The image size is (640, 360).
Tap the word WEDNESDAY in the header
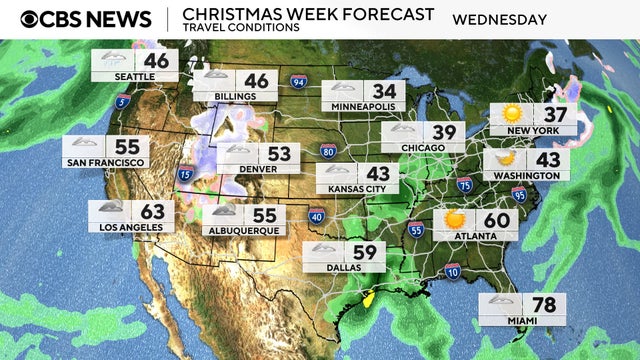(x=499, y=19)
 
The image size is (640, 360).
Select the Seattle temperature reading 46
(x=156, y=62)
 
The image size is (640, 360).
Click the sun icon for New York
(x=512, y=114)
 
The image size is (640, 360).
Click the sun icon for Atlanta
(x=455, y=219)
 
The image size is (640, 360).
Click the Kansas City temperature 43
(x=379, y=173)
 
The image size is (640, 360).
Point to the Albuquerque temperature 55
(x=265, y=215)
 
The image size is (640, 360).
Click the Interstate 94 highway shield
(x=297, y=81)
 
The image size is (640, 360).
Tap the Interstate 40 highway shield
(x=315, y=215)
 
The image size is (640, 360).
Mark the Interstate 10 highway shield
(x=452, y=270)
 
